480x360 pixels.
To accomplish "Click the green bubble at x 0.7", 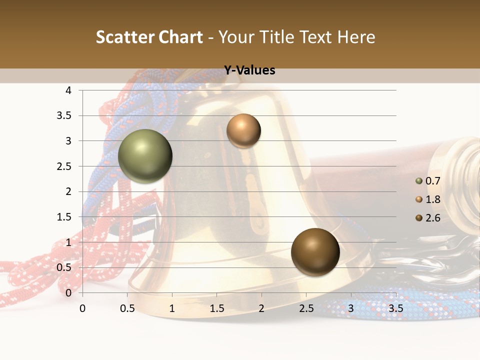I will pos(145,156).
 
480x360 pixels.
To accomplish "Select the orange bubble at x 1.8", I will pos(243,131).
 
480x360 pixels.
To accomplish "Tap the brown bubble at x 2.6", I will pos(315,252).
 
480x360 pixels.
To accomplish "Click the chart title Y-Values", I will pos(249,70).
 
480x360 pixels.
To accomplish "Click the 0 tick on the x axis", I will pos(82,308).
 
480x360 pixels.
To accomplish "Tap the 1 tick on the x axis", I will pos(172,308).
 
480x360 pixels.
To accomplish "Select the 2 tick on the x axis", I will pos(261,308).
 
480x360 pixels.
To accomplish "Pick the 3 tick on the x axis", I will pos(351,308).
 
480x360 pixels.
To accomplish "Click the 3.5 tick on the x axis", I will pos(395,308).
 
